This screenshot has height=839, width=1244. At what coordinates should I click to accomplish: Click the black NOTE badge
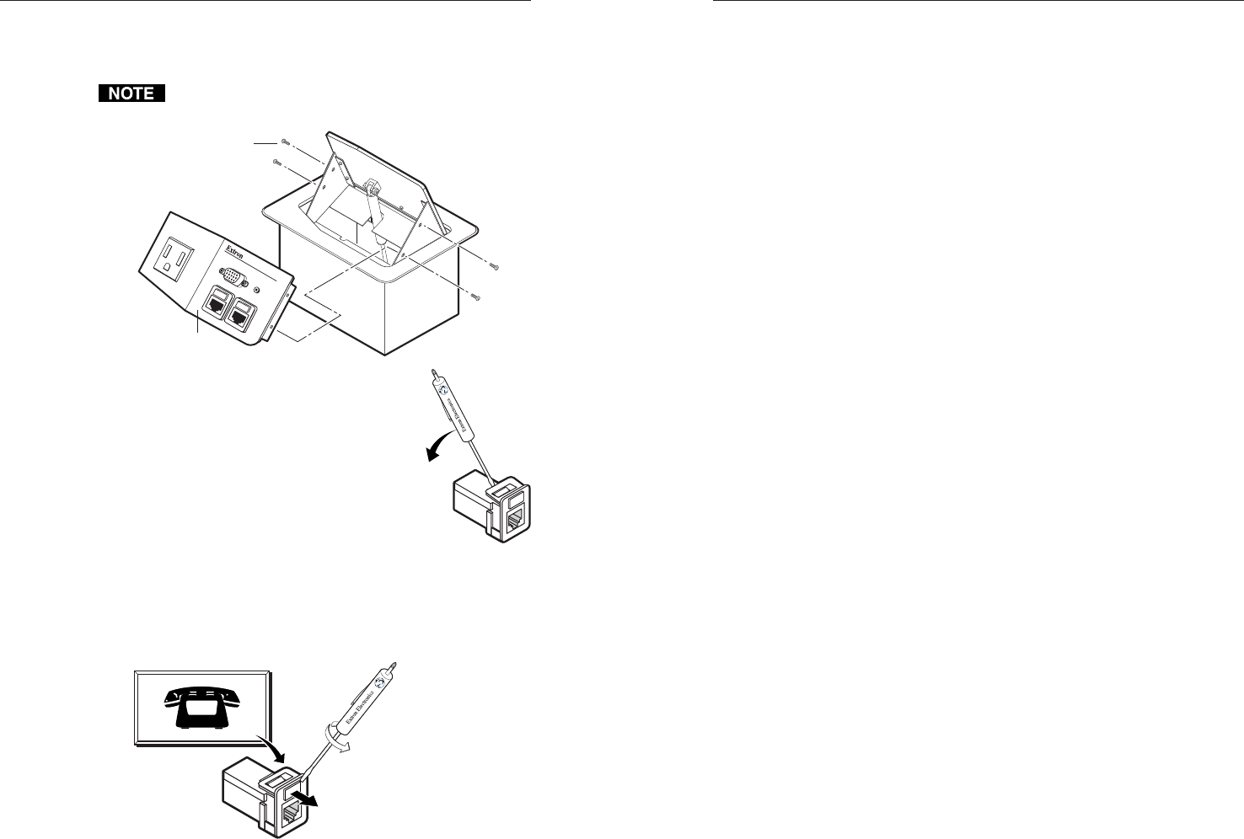131,94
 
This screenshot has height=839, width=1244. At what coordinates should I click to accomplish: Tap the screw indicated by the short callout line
286,142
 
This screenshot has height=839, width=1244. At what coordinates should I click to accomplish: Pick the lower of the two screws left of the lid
278,161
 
